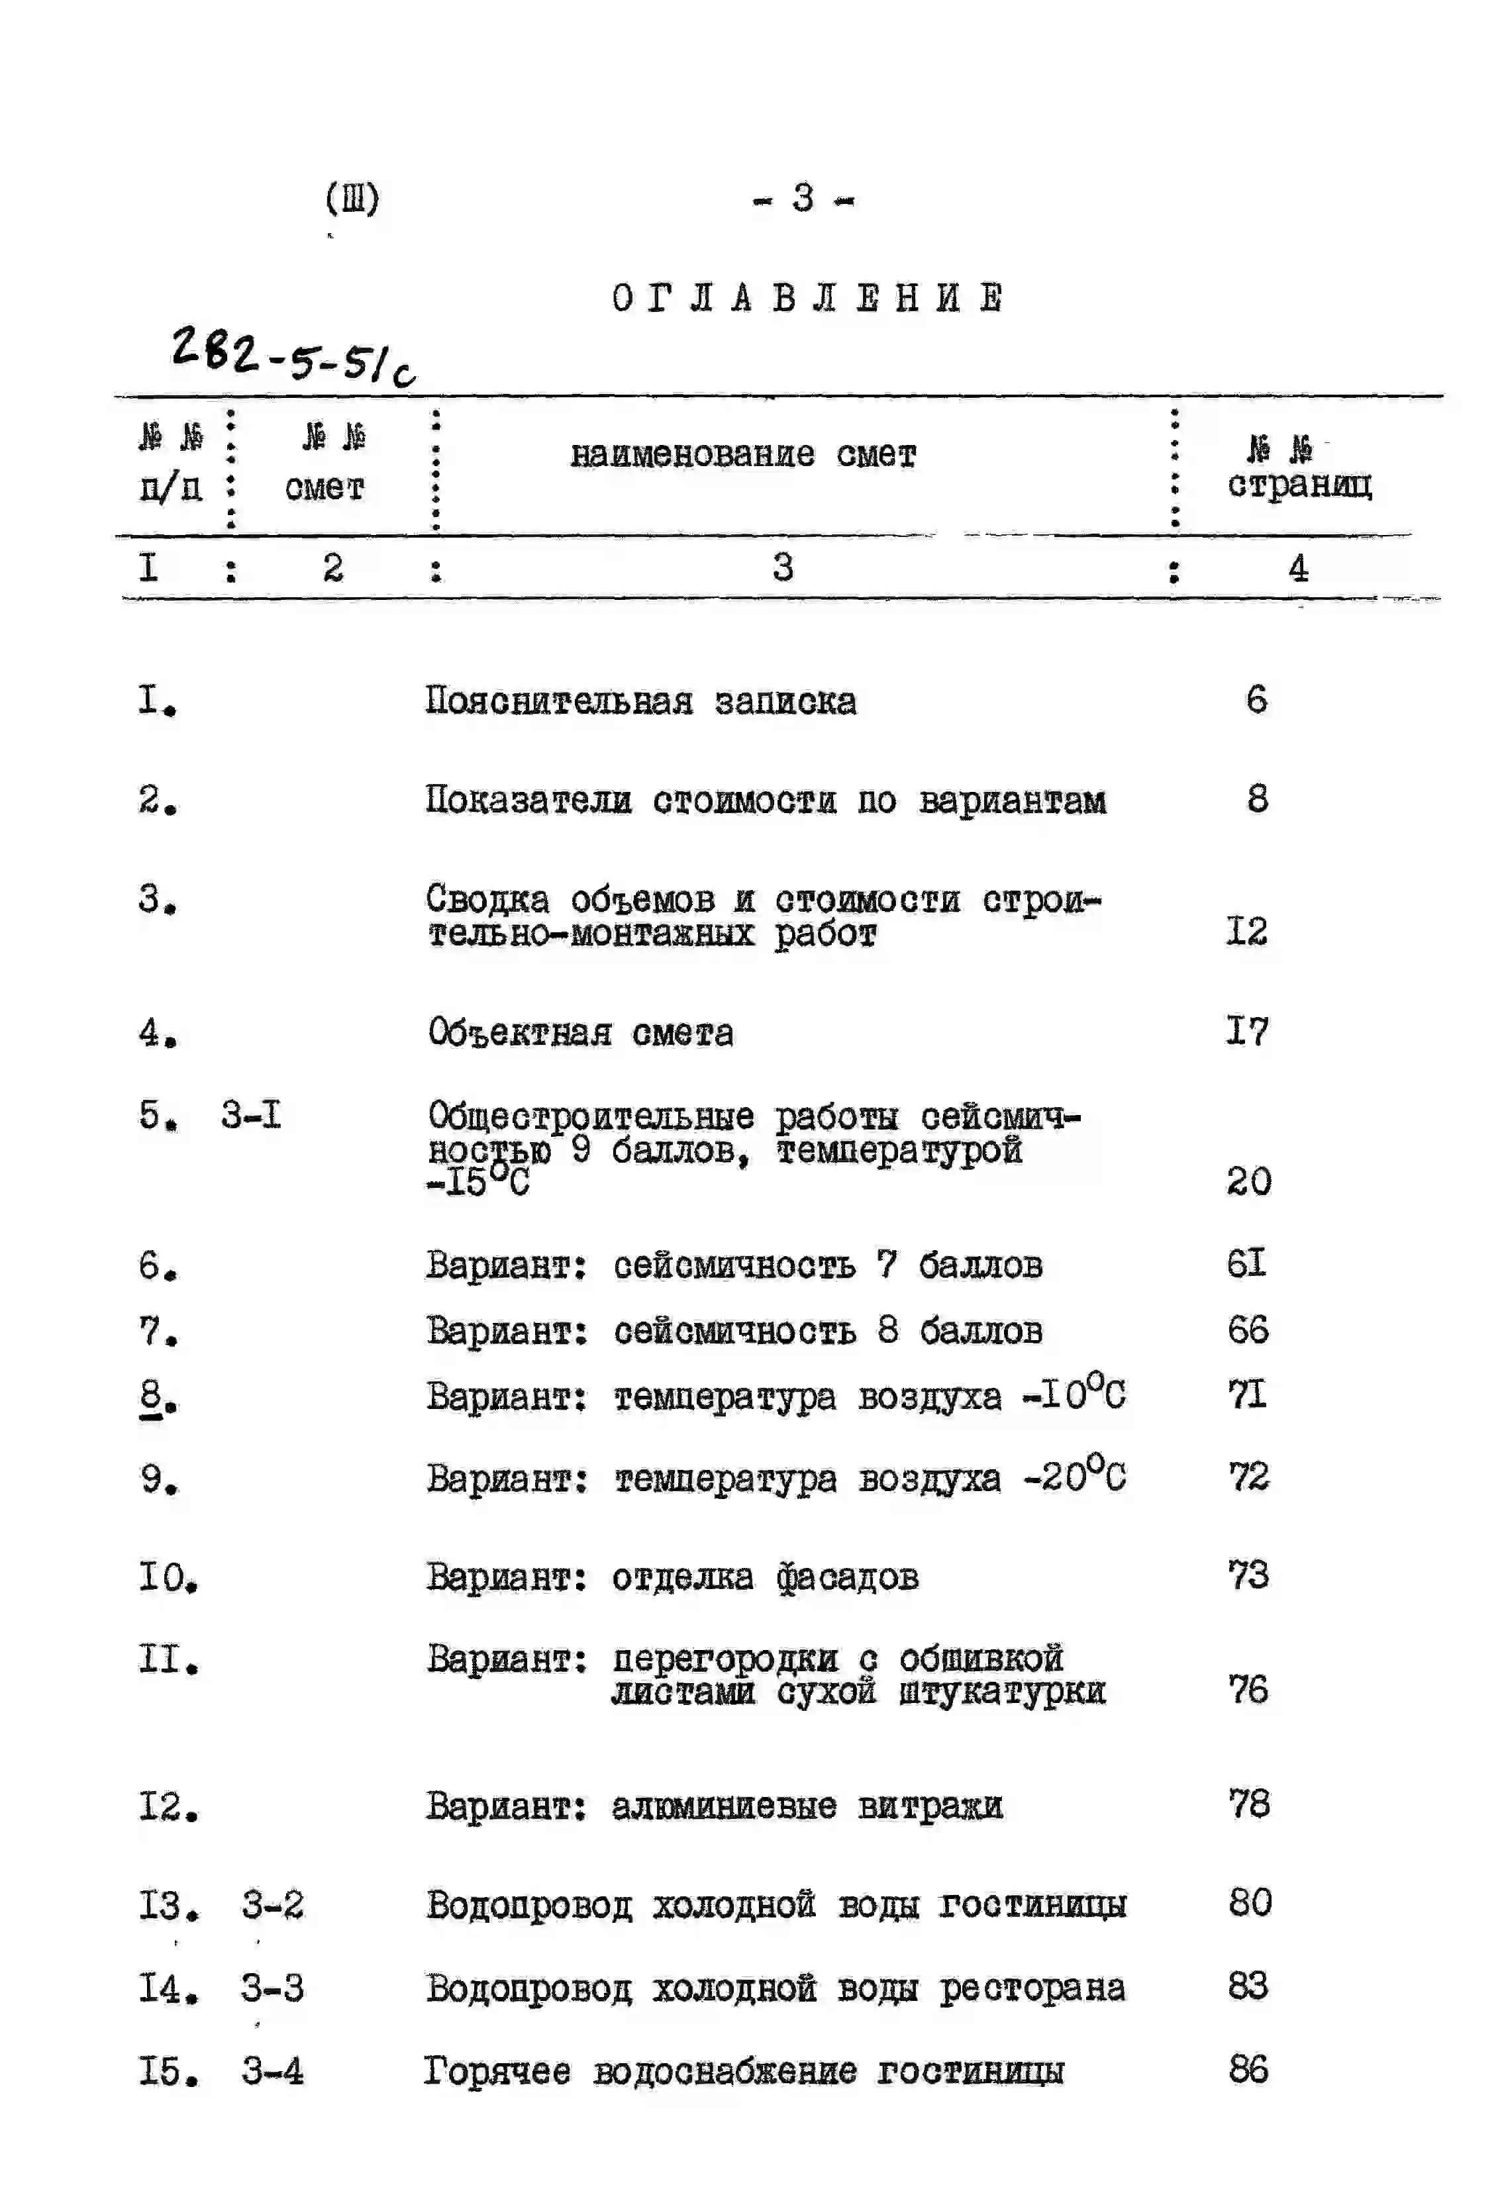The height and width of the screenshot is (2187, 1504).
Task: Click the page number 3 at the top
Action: coord(803,199)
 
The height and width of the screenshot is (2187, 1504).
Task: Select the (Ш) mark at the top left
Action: coord(352,199)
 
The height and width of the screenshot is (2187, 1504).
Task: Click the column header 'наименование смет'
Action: coord(742,455)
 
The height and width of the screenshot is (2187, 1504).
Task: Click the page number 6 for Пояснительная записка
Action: coord(1256,700)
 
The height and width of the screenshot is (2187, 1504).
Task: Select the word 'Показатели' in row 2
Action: coord(528,800)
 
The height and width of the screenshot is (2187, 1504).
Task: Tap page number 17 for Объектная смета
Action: coord(1247,1032)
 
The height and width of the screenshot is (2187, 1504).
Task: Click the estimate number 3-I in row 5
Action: coord(250,1116)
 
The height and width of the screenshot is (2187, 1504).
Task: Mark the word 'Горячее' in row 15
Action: coord(497,2071)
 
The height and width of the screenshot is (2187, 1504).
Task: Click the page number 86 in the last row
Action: coord(1248,2069)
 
